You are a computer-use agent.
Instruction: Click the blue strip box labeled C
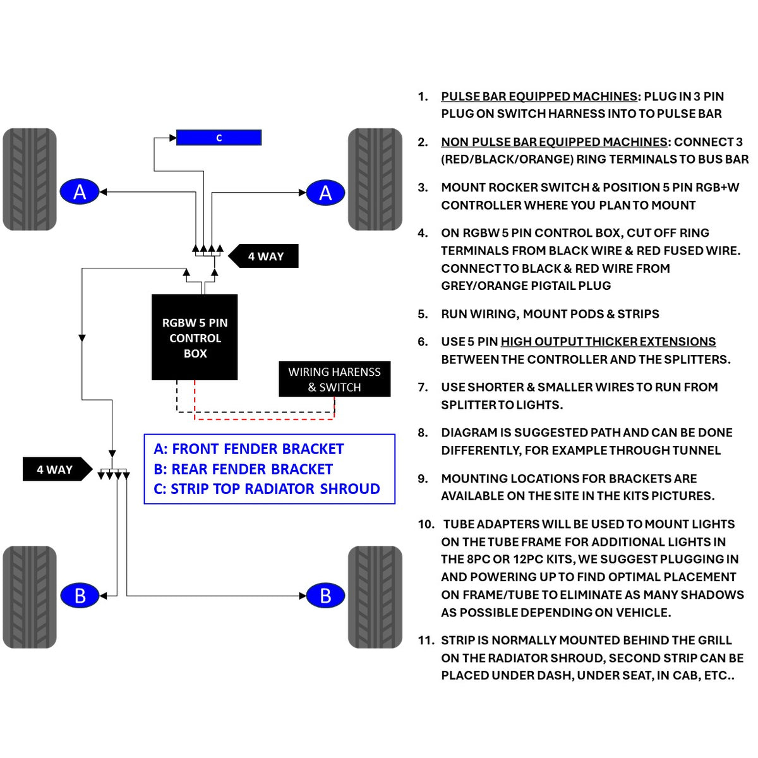pyautogui.click(x=219, y=137)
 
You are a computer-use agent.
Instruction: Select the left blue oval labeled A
pyautogui.click(x=80, y=191)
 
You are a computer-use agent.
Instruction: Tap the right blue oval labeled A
pyautogui.click(x=325, y=193)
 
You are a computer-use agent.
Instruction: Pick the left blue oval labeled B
pyautogui.click(x=80, y=595)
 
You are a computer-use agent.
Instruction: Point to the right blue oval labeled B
pyautogui.click(x=325, y=595)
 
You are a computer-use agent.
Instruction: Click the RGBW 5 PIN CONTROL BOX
pyautogui.click(x=195, y=337)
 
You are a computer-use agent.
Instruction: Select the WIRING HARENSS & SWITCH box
pyautogui.click(x=334, y=379)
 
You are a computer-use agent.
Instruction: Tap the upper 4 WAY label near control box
pyautogui.click(x=263, y=256)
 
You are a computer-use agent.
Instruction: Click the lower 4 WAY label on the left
pyautogui.click(x=57, y=469)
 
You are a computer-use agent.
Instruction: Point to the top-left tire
pyautogui.click(x=30, y=179)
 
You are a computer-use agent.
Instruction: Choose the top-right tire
pyautogui.click(x=375, y=179)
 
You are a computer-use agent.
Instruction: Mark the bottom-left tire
pyautogui.click(x=30, y=597)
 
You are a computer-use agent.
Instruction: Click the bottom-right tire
pyautogui.click(x=375, y=597)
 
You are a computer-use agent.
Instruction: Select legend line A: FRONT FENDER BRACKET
pyautogui.click(x=249, y=449)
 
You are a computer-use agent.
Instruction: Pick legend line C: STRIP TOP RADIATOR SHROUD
pyautogui.click(x=267, y=488)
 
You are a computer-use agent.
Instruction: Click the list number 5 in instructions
pyautogui.click(x=423, y=314)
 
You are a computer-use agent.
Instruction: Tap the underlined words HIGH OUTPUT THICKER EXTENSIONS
pyautogui.click(x=608, y=342)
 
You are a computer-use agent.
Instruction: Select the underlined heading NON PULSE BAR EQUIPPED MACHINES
pyautogui.click(x=554, y=142)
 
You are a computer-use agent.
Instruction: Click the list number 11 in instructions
pyautogui.click(x=426, y=641)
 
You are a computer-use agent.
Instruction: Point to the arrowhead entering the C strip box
pyautogui.click(x=172, y=138)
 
